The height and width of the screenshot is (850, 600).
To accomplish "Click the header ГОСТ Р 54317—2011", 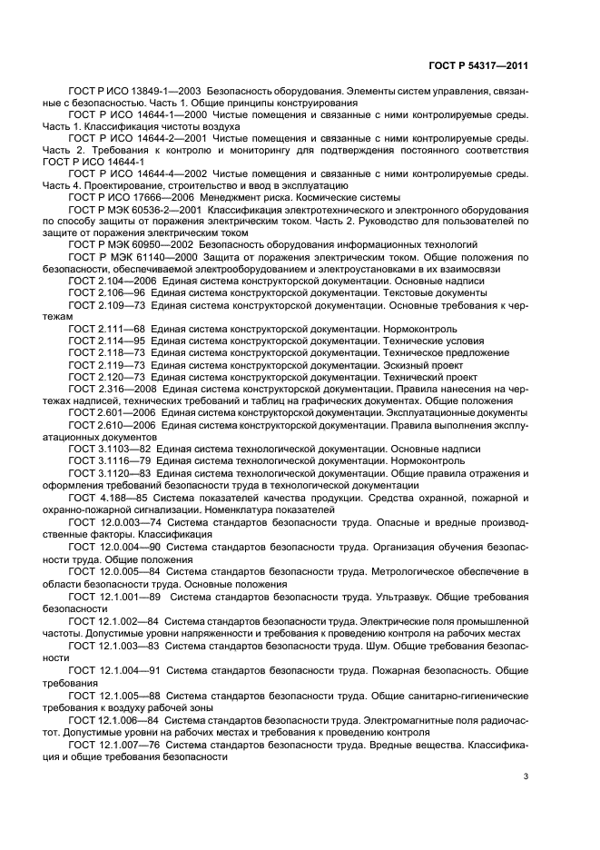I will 478,64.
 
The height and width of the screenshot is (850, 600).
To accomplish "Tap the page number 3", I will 526,776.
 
